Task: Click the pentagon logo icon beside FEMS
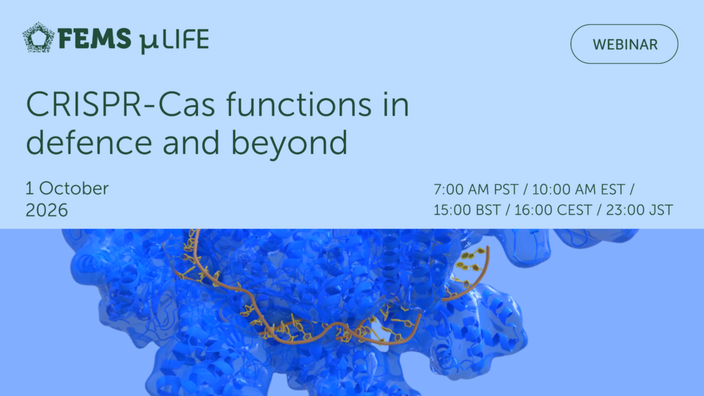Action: [38, 37]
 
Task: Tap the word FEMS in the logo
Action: [94, 38]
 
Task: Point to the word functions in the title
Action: [299, 104]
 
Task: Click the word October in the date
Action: [74, 188]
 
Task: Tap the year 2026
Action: [47, 210]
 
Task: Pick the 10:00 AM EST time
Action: [578, 190]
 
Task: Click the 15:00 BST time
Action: [467, 210]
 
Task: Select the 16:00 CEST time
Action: [553, 210]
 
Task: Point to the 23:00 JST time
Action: [639, 210]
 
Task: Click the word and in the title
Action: [191, 142]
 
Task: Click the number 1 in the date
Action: [30, 188]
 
